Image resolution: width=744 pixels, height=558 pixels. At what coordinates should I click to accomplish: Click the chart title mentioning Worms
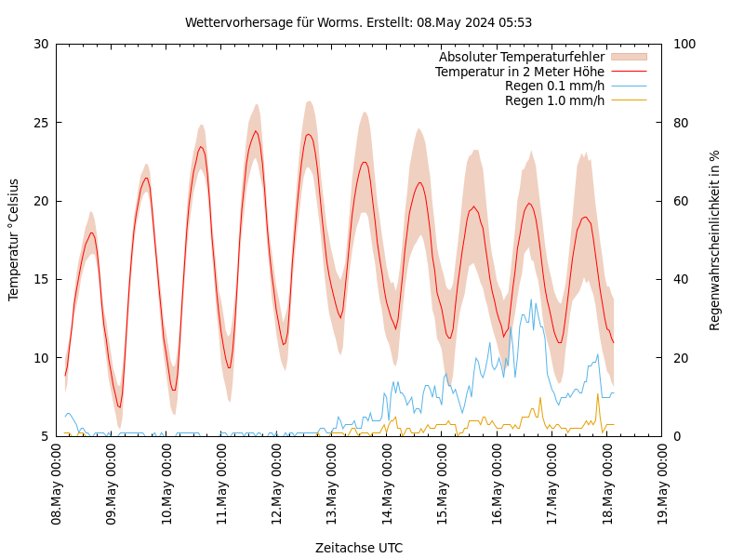[358, 22]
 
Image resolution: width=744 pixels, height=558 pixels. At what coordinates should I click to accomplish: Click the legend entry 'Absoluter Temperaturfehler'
[521, 57]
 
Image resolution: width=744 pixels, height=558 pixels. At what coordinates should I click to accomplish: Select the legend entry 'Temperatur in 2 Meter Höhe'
[519, 72]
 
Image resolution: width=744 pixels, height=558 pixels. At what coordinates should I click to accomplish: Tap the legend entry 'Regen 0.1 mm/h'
[554, 86]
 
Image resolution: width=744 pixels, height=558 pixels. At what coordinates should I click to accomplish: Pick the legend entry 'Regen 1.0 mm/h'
[554, 100]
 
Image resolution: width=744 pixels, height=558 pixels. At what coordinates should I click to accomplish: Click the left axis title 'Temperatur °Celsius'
[14, 239]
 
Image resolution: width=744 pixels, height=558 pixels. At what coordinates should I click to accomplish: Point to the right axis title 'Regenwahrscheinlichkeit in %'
[714, 239]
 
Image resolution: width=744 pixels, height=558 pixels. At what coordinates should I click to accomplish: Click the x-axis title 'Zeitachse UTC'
[359, 548]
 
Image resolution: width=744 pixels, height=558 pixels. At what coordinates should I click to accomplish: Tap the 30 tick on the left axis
[40, 44]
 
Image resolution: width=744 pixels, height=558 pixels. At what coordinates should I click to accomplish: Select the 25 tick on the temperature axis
[40, 122]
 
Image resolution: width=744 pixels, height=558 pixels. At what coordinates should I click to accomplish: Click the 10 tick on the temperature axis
[40, 358]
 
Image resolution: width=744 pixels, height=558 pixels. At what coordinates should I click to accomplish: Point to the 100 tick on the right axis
[684, 44]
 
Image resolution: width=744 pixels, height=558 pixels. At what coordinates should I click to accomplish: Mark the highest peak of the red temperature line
[256, 131]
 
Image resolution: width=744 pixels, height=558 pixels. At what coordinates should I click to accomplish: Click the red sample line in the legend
[628, 72]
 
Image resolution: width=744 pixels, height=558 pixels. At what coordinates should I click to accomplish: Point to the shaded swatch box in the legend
[628, 57]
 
